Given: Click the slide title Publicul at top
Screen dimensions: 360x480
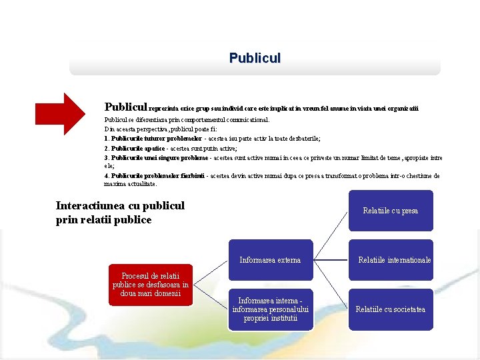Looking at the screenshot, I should [x=255, y=58].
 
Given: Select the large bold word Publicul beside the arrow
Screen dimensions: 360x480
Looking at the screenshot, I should [x=126, y=107].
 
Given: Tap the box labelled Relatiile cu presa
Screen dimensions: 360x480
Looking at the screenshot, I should [x=390, y=211].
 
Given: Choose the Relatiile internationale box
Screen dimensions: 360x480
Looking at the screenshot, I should [x=394, y=260].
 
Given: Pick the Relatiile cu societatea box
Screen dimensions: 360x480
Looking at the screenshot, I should [x=390, y=309].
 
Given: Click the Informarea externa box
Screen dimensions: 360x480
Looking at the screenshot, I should [x=270, y=260].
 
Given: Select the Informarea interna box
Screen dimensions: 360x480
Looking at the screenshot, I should [x=270, y=309].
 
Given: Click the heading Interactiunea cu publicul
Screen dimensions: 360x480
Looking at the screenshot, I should [x=120, y=206].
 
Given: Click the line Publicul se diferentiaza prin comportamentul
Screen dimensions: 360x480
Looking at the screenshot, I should [x=187, y=120].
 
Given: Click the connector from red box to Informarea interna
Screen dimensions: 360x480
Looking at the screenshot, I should [x=210, y=296].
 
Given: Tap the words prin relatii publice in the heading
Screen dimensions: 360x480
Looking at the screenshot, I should [x=104, y=219].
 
